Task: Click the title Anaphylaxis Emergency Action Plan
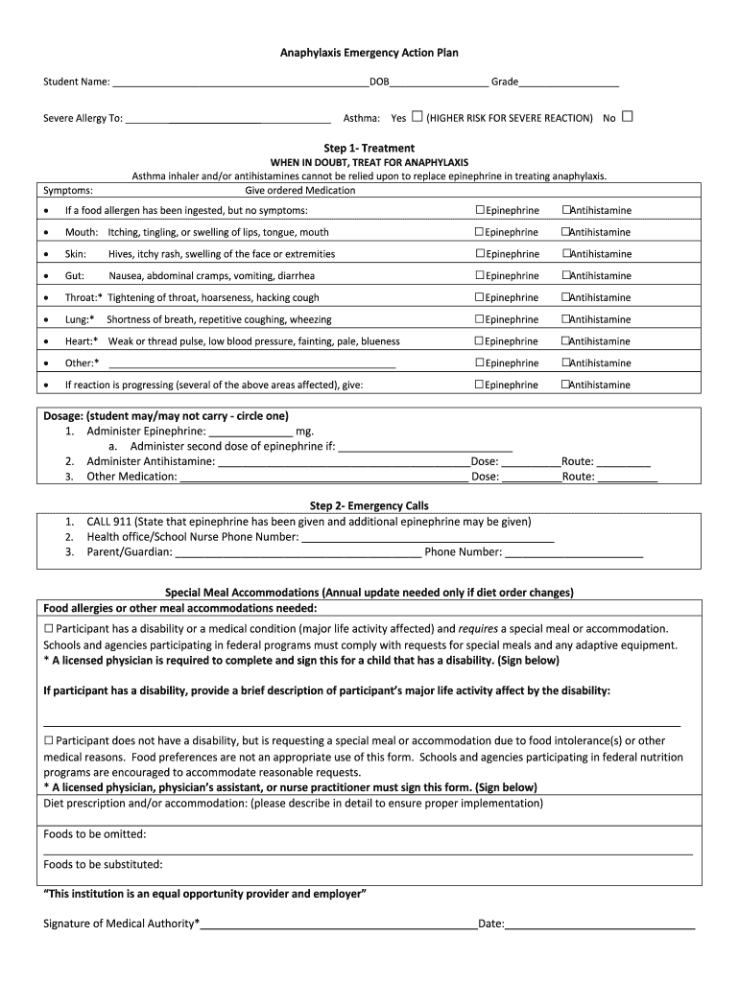pos(369,54)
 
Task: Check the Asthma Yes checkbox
pos(417,117)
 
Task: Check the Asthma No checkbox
pos(628,117)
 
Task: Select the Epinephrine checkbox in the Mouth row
pos(480,232)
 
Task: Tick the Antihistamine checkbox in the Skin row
pos(566,254)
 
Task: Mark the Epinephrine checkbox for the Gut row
pos(480,276)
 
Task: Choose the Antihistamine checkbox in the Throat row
pos(566,297)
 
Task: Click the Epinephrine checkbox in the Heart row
pos(480,341)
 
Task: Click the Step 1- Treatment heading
pos(369,149)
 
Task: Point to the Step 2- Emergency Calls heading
pos(369,505)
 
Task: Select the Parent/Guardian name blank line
pos(298,553)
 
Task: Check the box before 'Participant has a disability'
pos(49,628)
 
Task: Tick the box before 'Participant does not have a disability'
pos(49,741)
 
